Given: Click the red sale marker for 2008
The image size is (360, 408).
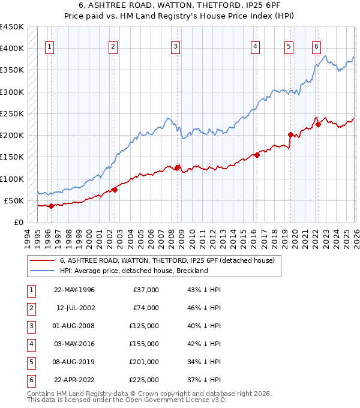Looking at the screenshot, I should [x=178, y=167].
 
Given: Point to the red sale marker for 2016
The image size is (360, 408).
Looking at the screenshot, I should [x=257, y=155].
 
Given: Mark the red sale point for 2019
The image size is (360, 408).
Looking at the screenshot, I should [x=290, y=135].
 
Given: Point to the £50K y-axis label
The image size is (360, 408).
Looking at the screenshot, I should [x=14, y=200].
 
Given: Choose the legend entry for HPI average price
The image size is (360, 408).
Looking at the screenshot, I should [x=133, y=271].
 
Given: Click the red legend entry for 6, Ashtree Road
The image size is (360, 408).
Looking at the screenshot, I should [x=167, y=260].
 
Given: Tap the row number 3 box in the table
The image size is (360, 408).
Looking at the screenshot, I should [x=31, y=326].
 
